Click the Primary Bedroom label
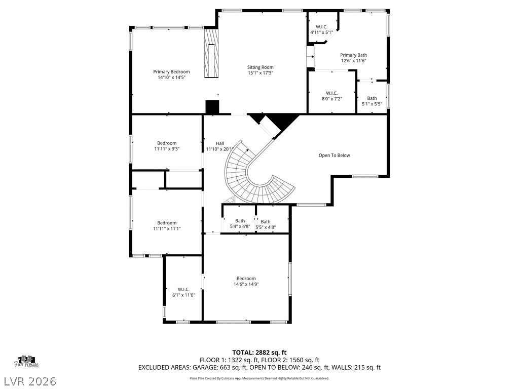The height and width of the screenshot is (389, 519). [171, 71]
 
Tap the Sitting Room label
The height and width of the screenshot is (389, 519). [261, 67]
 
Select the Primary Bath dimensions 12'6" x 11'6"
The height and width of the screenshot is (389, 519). [353, 61]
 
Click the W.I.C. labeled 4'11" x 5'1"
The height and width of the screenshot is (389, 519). [321, 29]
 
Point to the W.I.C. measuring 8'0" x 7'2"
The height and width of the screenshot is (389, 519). [331, 95]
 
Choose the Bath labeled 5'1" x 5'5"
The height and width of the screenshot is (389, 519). [372, 101]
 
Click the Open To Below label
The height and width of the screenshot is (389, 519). [334, 155]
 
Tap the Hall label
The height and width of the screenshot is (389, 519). [219, 143]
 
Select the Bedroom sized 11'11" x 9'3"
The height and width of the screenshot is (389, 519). [167, 146]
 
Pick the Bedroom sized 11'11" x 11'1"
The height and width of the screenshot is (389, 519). [167, 225]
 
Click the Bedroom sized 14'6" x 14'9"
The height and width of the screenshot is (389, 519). [246, 281]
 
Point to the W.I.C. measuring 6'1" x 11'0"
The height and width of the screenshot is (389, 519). [183, 292]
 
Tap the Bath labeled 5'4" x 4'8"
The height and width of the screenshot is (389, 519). [240, 223]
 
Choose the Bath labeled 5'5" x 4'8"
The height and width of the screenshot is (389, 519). [266, 224]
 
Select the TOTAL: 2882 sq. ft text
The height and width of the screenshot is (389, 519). [259, 353]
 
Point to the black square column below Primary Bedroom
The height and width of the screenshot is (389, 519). [212, 107]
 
